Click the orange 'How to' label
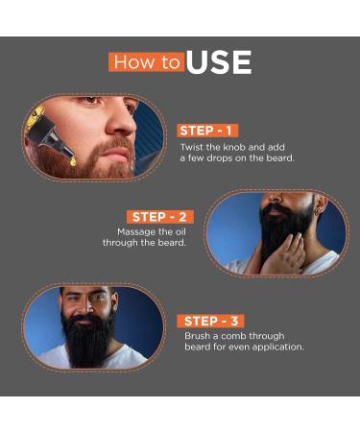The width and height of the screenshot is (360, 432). coord(146,62)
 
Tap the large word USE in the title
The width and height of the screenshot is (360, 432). coord(218,63)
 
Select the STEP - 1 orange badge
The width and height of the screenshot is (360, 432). coord(206,131)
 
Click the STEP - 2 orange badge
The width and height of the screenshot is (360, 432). coord(159,217)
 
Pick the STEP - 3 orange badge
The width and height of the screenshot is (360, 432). coord(211,321)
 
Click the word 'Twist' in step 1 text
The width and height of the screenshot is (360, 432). coord(194,147)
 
